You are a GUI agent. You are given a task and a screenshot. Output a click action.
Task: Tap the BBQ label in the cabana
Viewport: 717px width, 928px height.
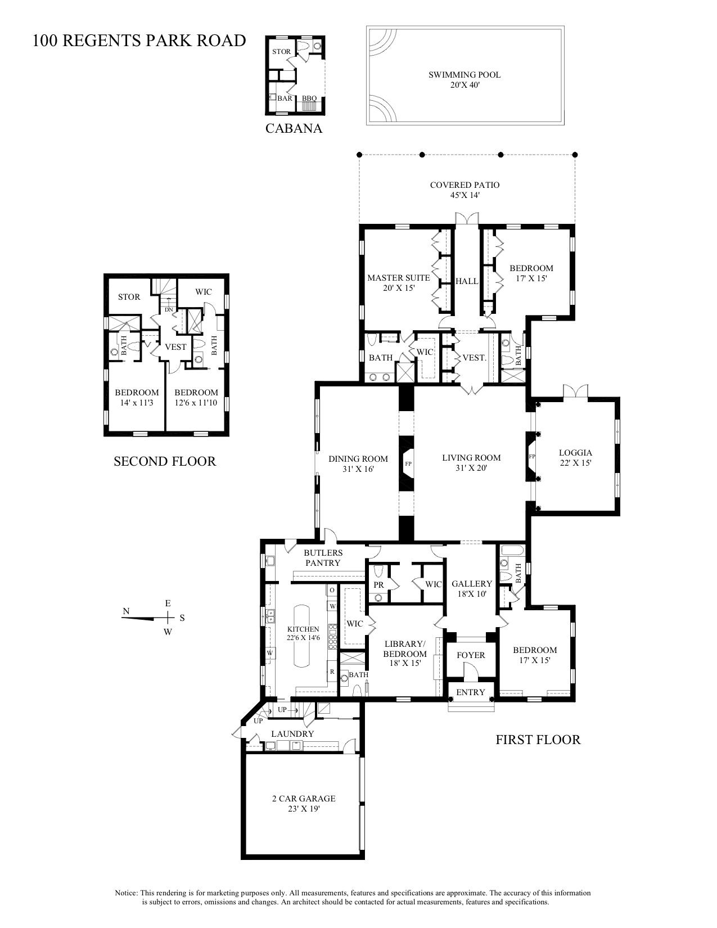309,98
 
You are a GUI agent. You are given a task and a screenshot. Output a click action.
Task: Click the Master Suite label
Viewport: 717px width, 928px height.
398,282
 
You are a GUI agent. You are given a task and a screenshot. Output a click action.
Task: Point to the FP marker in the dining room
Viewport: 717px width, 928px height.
408,465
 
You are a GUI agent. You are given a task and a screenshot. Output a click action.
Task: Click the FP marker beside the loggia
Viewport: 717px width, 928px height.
531,456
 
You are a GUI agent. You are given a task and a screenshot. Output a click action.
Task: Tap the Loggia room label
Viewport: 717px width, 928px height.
575,457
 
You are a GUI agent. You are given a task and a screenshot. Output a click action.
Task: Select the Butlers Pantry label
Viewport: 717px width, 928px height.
323,558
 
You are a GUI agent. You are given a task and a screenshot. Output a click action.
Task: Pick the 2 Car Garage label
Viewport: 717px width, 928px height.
303,803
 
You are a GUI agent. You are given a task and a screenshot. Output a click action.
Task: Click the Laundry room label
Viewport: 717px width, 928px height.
292,734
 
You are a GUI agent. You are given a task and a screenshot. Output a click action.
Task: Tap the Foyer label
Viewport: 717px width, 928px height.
471,655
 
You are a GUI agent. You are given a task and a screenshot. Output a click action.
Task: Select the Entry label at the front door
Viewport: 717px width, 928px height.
471,692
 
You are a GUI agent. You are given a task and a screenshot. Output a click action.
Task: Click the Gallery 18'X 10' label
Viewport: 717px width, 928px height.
471,588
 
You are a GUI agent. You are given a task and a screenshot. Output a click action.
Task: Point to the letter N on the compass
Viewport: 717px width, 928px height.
127,611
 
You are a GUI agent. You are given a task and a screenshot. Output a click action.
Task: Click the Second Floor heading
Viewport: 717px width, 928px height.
165,461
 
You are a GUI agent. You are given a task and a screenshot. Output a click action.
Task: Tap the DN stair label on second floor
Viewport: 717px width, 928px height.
169,310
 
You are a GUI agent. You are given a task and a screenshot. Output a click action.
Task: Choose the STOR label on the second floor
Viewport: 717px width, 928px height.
129,297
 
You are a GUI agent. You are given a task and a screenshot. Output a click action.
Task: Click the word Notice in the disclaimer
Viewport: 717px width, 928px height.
126,893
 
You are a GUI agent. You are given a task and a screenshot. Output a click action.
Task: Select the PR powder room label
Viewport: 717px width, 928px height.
378,585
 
